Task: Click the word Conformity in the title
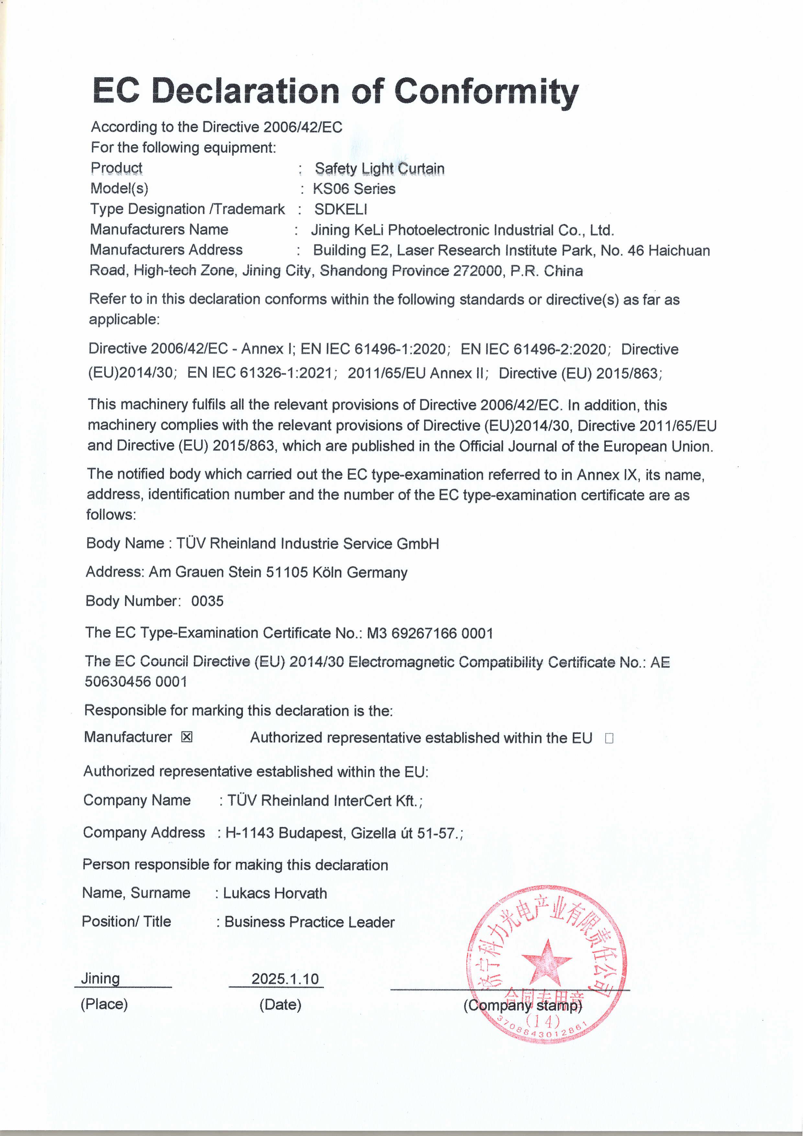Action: [x=486, y=92]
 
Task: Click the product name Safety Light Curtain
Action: [x=379, y=168]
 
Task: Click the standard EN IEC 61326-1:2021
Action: [x=262, y=373]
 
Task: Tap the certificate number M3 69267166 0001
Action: [x=429, y=633]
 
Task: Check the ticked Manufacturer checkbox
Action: [x=187, y=737]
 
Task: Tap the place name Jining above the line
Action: [x=100, y=978]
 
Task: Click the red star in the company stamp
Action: [x=546, y=962]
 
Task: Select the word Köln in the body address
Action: [x=327, y=572]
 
